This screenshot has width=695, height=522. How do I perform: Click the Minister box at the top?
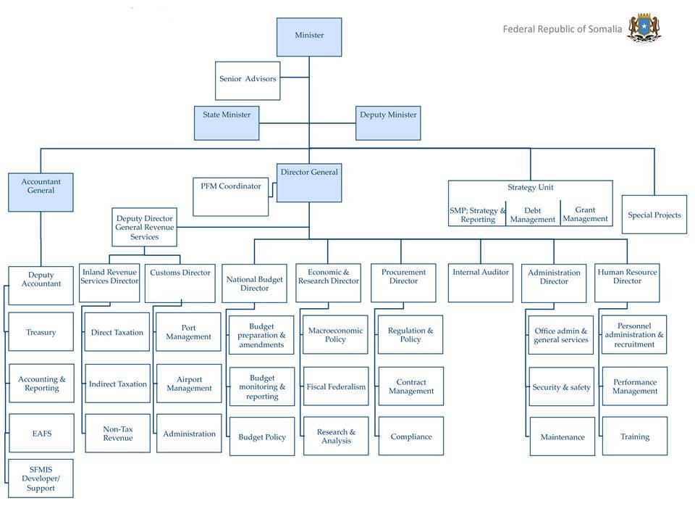(x=309, y=37)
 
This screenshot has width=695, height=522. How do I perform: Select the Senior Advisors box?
(x=248, y=78)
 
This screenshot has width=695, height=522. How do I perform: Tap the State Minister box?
(x=226, y=123)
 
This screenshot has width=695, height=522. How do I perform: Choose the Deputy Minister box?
(x=388, y=123)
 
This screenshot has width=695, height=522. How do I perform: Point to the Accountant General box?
(x=41, y=192)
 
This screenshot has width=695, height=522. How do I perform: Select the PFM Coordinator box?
(x=230, y=196)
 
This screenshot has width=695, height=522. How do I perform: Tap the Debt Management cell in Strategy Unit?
(x=532, y=215)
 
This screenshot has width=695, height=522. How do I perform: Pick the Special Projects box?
(x=654, y=215)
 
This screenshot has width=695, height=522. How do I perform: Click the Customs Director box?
(x=180, y=283)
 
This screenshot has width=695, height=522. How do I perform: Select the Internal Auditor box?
(x=481, y=283)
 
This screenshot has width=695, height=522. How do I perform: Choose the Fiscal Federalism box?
(x=336, y=387)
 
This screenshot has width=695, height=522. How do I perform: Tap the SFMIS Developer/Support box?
(x=41, y=478)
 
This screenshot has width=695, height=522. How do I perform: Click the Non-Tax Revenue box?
(x=117, y=434)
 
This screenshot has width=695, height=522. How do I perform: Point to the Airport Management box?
(x=189, y=384)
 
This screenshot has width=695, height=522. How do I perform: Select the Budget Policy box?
(x=262, y=437)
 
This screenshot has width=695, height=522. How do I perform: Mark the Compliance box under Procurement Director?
(x=411, y=436)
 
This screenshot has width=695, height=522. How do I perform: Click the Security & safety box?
(x=561, y=387)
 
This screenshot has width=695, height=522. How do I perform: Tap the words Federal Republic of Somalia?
(x=563, y=30)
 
